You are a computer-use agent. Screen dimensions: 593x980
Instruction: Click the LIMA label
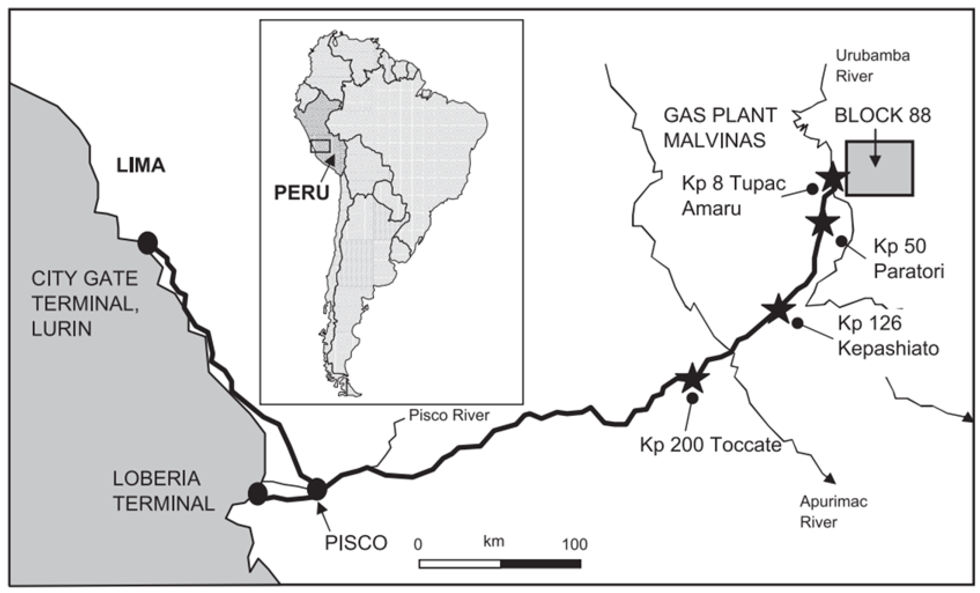point(140,165)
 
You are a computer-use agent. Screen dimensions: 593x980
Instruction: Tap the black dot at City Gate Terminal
point(148,243)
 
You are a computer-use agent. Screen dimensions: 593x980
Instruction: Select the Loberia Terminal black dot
point(257,494)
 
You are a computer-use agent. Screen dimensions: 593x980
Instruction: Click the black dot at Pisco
point(317,489)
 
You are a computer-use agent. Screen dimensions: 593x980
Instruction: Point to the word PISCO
point(356,543)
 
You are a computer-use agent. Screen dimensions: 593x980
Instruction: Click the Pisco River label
point(449,415)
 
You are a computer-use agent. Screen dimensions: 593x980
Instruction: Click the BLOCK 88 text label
point(882,116)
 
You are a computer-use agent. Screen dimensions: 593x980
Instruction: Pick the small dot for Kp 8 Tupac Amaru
point(812,189)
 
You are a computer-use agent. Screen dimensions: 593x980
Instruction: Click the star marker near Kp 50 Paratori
point(822,224)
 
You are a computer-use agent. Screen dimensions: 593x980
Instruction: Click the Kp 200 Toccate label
point(710,445)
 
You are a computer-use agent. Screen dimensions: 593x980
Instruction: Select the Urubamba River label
point(872,66)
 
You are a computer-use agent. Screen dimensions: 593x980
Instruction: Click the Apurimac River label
point(833,512)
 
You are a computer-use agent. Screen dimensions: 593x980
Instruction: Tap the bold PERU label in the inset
point(301,193)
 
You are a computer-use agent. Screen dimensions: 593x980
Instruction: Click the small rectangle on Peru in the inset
point(320,146)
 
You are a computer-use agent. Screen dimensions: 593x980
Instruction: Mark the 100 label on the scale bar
point(574,544)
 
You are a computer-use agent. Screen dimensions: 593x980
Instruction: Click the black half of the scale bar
point(540,564)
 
